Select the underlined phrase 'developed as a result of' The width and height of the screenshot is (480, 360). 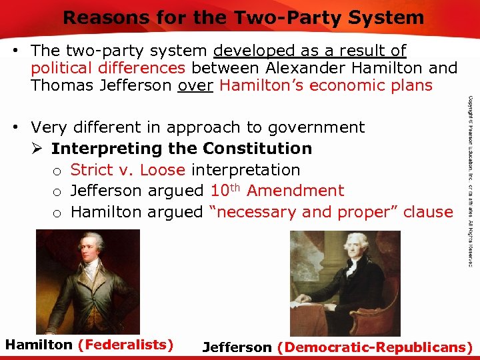310,51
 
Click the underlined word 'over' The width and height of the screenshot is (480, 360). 195,85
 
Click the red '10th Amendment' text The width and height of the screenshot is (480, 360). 277,191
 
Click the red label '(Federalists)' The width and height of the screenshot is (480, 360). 125,345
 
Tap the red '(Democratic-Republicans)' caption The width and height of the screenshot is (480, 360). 375,347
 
